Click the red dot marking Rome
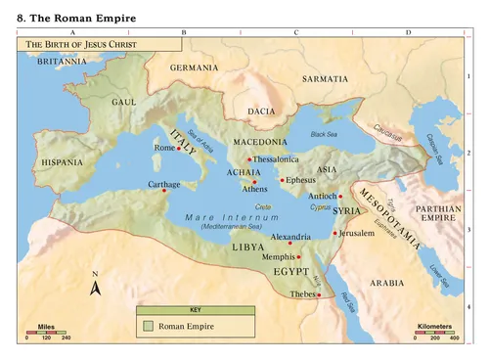click(x=179, y=149)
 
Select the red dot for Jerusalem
click(x=334, y=233)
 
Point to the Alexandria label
click(x=290, y=236)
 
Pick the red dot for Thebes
click(x=319, y=294)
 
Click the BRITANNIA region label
click(x=62, y=61)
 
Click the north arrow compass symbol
click(x=95, y=287)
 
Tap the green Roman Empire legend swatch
click(x=148, y=325)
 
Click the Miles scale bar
click(x=45, y=331)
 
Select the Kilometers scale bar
click(x=434, y=331)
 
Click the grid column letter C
click(x=295, y=32)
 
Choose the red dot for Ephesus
click(x=282, y=180)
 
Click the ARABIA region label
click(x=386, y=282)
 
